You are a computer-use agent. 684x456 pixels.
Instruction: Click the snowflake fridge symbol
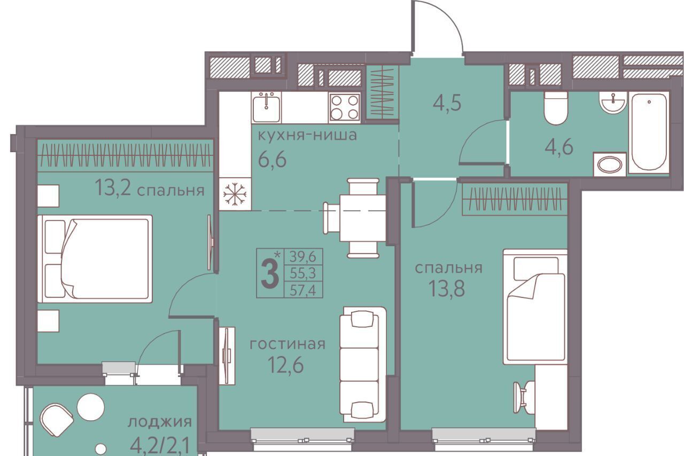[x=235, y=194]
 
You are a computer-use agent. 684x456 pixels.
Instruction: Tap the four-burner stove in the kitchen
[x=345, y=107]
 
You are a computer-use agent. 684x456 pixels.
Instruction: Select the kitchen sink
[x=267, y=107]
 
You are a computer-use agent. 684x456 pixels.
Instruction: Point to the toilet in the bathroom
[x=555, y=108]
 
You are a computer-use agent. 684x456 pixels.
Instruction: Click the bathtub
[x=649, y=133]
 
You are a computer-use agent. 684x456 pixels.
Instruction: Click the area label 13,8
[x=447, y=288]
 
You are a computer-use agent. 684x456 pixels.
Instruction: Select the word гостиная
[x=287, y=345]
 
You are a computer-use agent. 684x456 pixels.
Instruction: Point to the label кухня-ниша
[x=307, y=135]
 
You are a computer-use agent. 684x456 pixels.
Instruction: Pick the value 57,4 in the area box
[x=303, y=290]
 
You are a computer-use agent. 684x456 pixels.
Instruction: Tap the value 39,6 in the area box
[x=303, y=257]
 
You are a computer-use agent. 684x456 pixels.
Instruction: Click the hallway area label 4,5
[x=447, y=103]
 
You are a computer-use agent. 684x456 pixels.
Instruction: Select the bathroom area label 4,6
[x=559, y=147]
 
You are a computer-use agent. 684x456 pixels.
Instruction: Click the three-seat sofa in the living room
[x=363, y=365]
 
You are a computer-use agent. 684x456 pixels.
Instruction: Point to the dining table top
[x=362, y=218]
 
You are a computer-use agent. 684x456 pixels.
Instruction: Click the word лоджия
[x=160, y=422]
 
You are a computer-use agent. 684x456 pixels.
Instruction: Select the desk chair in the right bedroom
[x=523, y=397]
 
